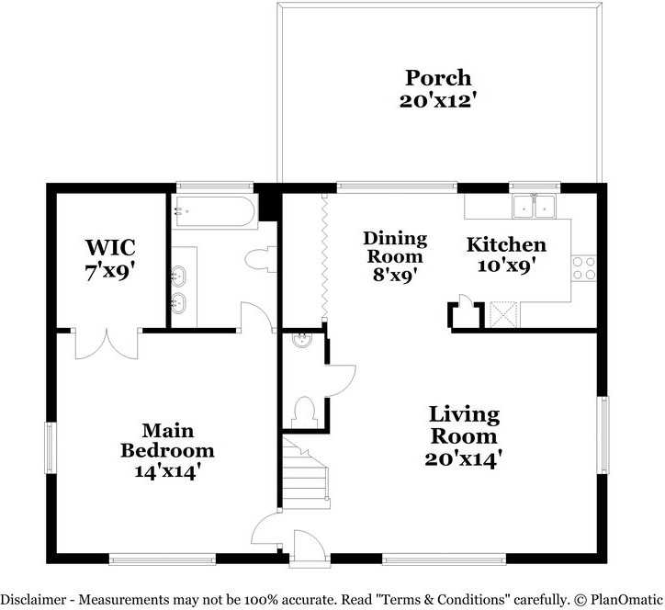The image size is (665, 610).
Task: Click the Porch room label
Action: coord(438,78)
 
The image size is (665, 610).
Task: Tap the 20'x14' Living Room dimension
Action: coord(464,459)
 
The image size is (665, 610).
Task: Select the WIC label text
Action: coord(110,247)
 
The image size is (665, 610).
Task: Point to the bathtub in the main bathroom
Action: coord(215,212)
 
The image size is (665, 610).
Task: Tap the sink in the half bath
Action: coord(302,340)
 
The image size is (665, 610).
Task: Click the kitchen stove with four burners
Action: coord(584,268)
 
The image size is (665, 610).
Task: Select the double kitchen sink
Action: coord(534,206)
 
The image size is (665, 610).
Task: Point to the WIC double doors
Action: coord(107,345)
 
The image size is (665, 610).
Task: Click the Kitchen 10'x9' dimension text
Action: coord(506,266)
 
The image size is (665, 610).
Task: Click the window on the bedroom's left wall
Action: coord(50,448)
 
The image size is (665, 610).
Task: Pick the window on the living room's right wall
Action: coord(603,435)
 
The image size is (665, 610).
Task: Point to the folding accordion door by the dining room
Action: coord(324,258)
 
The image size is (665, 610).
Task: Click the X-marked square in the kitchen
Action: coord(503,314)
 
